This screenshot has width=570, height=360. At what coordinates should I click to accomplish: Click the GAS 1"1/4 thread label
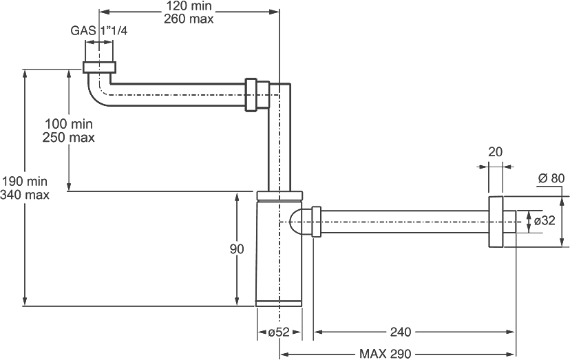(x=99, y=30)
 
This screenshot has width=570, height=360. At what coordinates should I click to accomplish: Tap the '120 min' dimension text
(x=189, y=6)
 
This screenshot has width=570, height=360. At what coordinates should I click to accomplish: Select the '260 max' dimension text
(x=189, y=19)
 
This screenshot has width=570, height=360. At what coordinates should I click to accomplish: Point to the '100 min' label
(x=69, y=124)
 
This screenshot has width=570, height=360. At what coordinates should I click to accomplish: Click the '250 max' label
(x=69, y=138)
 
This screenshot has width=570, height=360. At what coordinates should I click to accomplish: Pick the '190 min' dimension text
(x=25, y=181)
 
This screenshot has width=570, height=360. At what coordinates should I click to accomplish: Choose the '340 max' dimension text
(x=25, y=195)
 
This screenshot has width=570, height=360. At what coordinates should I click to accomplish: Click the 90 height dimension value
(x=237, y=249)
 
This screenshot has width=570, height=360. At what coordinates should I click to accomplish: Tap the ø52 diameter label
(x=279, y=332)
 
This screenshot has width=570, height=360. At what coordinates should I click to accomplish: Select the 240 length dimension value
(x=401, y=332)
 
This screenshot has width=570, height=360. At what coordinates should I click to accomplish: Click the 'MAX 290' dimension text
(x=386, y=353)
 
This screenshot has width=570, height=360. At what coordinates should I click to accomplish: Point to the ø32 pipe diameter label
(x=545, y=220)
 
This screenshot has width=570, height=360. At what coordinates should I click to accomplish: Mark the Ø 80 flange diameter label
(x=551, y=178)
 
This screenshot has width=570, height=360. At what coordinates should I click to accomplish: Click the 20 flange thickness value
(x=495, y=151)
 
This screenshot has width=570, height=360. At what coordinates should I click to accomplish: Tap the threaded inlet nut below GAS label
(x=99, y=67)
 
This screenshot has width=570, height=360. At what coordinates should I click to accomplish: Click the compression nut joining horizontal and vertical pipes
(x=257, y=94)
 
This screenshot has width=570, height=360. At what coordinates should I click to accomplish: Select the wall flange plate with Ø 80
(x=496, y=222)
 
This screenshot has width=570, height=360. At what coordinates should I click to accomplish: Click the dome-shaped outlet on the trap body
(x=297, y=222)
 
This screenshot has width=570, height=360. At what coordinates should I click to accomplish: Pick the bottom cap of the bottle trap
(x=279, y=304)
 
